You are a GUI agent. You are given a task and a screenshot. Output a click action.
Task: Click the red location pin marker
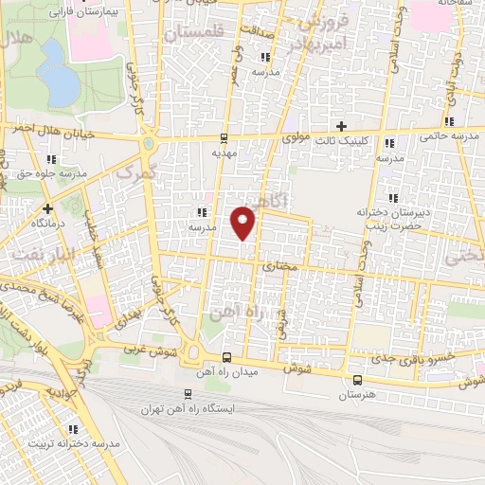click(243, 222)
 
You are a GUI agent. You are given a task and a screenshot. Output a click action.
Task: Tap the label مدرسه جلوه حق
click(51, 174)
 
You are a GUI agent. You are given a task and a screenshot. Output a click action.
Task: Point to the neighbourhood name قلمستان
click(193, 34)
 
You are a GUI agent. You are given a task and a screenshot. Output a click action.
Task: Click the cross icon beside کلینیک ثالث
click(342, 126)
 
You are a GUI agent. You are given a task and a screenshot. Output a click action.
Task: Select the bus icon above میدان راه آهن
click(226, 356)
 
